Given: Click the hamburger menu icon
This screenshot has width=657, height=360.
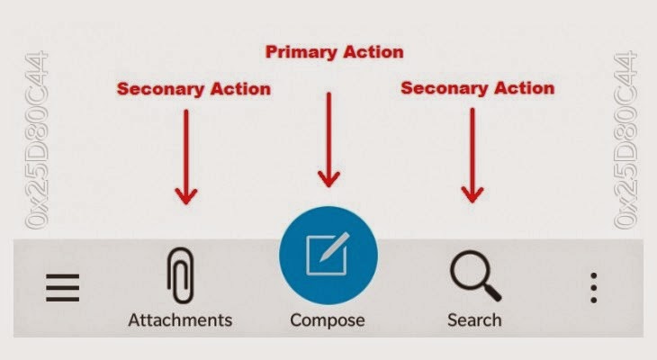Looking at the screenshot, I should pos(62,288).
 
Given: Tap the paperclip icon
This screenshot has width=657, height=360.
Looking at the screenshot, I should pos(179,275).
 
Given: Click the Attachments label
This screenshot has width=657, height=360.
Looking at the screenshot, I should pos(180,319).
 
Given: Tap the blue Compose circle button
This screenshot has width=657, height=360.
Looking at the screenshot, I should pos(328,256).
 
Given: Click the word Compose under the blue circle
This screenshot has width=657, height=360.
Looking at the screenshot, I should pos(328,319).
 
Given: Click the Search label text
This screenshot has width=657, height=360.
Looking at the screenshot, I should pos(474,319).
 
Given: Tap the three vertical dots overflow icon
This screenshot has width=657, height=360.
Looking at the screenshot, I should pos(593,288).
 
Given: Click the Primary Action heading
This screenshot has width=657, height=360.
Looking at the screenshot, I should pos(334,52).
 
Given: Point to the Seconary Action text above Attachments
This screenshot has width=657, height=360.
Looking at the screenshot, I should pos(193,88).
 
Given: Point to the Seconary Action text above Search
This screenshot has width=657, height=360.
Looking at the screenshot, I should pos(477,88).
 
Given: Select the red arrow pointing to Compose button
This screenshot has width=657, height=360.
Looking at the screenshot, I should pos(328,139).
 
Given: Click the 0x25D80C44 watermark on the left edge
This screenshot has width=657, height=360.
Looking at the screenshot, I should pos(38,140).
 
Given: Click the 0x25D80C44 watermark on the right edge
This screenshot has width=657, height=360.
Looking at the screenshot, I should pos(627,140).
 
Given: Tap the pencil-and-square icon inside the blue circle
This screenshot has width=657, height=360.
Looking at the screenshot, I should pos(326,255).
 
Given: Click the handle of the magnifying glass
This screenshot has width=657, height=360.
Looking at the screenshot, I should pos(491,293).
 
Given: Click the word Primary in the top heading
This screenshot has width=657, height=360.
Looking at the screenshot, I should pos(300,52).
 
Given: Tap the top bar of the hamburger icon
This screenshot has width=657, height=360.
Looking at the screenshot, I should pos(62,276).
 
